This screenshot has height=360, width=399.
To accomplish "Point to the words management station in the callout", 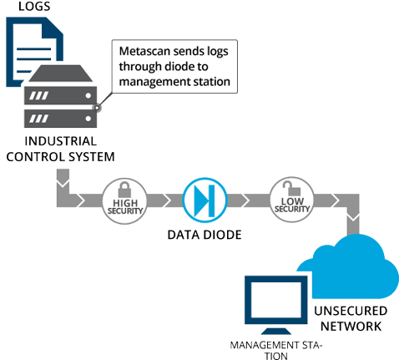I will (174, 82).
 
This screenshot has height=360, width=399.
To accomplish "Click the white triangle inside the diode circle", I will (200, 200).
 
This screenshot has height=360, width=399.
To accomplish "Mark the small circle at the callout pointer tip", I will (98, 107).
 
